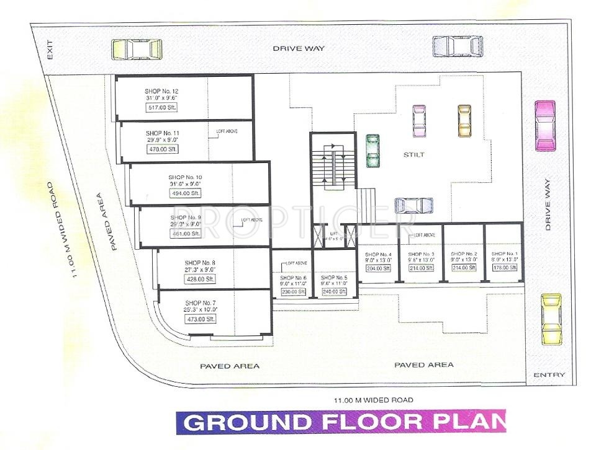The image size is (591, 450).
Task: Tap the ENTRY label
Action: (549, 374)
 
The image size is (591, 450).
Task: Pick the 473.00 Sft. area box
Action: (201, 319)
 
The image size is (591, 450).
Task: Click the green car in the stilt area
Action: (372, 151)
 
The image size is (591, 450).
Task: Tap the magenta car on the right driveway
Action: (545, 125)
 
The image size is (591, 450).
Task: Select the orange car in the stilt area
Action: (464, 120)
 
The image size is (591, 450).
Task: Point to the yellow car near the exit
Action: (137, 49)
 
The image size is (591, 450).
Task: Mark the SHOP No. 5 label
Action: (333, 278)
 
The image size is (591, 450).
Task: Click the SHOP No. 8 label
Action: (201, 262)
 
